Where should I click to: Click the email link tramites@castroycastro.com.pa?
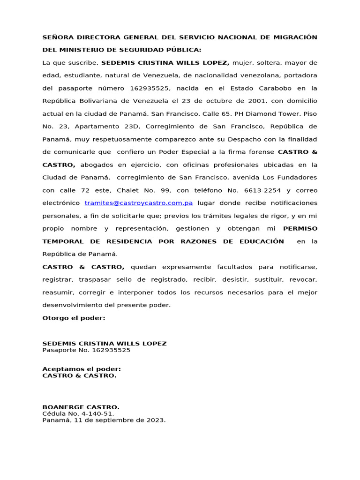click(x=139, y=203)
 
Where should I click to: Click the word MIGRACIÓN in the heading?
click(x=293, y=37)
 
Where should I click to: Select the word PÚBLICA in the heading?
click(x=182, y=50)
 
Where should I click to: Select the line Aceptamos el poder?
click(x=82, y=369)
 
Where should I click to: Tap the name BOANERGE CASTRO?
click(x=81, y=407)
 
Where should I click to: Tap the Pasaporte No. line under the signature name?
click(x=86, y=350)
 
